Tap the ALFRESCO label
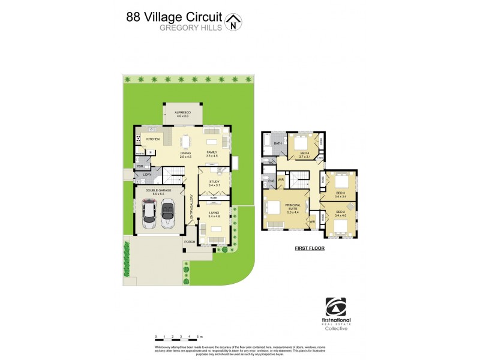(182, 112)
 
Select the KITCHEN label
(152, 139)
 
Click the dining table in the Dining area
(185, 142)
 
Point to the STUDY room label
(214, 182)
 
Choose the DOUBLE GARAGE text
(157, 191)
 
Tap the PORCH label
(190, 242)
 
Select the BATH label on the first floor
(278, 143)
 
